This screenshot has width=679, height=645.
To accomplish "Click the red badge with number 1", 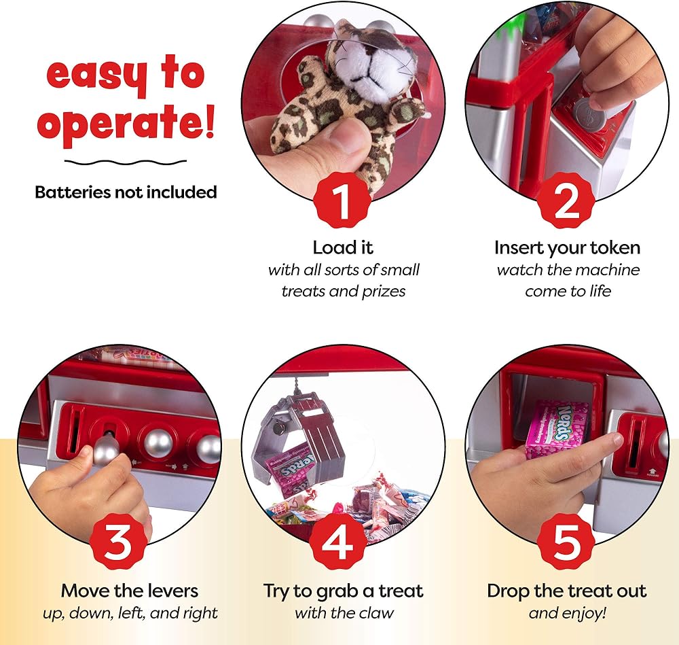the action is (x=342, y=201).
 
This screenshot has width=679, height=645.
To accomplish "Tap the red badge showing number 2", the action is (x=566, y=201).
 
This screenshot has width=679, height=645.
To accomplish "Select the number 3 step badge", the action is (x=117, y=542).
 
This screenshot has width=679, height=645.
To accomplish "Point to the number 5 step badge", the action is (x=566, y=542).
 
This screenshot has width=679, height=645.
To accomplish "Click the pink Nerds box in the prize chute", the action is (x=557, y=429).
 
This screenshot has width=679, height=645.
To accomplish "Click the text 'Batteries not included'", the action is (x=126, y=192).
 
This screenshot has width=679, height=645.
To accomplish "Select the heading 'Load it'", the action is (x=342, y=247).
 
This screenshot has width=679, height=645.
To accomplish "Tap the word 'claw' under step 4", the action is (x=378, y=613).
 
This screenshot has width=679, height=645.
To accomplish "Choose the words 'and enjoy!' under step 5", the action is (x=567, y=613).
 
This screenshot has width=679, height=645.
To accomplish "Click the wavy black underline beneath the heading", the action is (x=126, y=162).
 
